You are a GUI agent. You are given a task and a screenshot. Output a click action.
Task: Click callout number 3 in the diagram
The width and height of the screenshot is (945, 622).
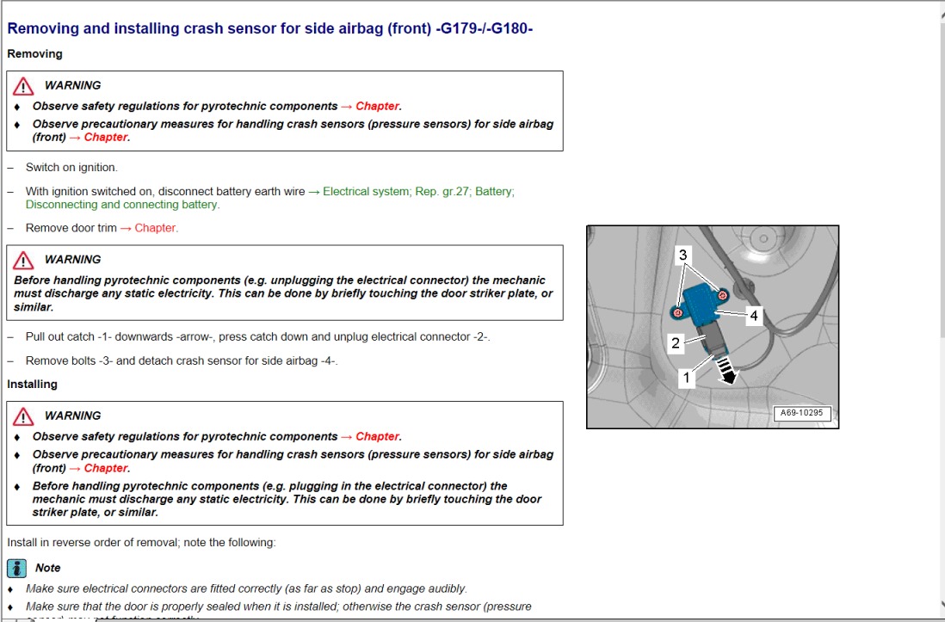click(683, 255)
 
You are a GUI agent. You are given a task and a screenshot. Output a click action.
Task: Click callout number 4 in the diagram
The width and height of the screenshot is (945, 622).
click(754, 316)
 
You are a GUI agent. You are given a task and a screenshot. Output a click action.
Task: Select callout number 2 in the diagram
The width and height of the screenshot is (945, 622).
click(676, 343)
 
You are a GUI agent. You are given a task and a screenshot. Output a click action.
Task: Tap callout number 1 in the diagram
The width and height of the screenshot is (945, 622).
click(686, 377)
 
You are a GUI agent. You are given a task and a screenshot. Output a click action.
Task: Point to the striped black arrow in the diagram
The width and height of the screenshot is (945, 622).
click(728, 373)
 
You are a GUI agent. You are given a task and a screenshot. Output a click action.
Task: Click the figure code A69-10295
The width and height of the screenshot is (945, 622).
click(801, 413)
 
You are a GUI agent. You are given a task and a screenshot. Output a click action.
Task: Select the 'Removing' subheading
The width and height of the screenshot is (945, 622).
click(35, 54)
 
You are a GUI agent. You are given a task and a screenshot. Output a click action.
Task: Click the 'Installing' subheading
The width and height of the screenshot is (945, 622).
click(33, 385)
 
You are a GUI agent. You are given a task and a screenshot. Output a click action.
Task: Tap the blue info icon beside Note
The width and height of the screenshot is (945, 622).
click(17, 568)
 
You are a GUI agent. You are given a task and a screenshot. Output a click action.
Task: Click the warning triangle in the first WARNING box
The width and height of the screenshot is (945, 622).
click(24, 85)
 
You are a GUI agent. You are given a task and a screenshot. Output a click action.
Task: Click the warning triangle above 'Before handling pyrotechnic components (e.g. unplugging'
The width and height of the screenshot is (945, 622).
click(24, 259)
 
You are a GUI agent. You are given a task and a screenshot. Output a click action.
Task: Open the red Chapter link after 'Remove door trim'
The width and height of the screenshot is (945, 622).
click(156, 228)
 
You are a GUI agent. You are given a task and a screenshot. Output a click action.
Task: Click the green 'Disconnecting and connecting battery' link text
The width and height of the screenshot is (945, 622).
click(122, 205)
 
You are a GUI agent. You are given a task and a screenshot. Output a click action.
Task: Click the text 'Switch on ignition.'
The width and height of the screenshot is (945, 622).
click(71, 168)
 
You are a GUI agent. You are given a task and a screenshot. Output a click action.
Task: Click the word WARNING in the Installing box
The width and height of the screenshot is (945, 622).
click(72, 416)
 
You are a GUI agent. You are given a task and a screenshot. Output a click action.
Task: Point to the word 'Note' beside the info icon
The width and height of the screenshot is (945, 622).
click(48, 568)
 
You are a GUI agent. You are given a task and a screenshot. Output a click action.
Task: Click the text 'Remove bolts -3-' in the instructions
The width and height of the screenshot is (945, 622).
click(69, 361)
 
